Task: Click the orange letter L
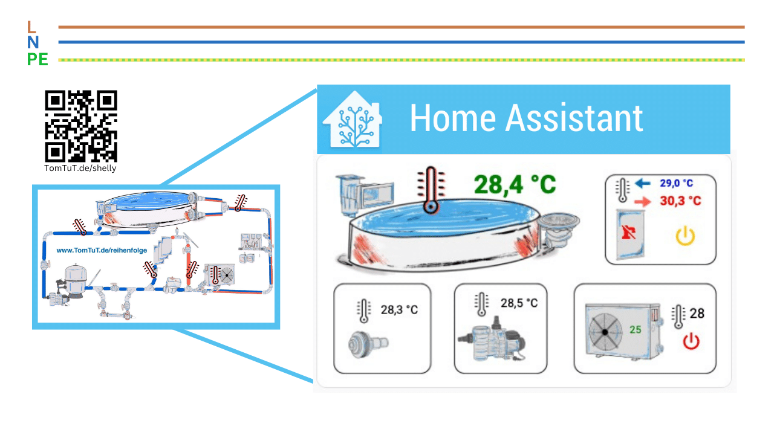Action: tap(31, 27)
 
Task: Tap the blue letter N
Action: tap(33, 42)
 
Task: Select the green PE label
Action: tap(37, 59)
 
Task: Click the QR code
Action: tap(81, 126)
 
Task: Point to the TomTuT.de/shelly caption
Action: tap(80, 168)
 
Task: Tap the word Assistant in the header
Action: tap(574, 118)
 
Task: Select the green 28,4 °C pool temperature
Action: tap(515, 185)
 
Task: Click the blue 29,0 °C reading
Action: tap(676, 183)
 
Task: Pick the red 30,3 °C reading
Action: tap(680, 201)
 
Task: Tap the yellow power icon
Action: tap(685, 236)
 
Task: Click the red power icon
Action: tap(691, 341)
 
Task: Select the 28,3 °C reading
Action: tap(399, 310)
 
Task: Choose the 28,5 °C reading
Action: tap(519, 303)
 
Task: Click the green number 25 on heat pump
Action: tap(635, 330)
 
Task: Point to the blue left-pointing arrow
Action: tap(643, 183)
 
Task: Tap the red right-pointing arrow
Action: tap(643, 201)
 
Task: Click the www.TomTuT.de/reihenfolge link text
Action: tap(102, 250)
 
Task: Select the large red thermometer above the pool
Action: tap(431, 190)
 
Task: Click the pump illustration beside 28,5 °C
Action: tap(492, 340)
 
